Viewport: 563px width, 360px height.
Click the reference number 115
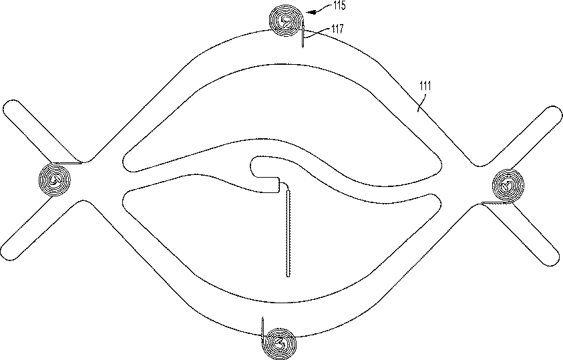pyautogui.click(x=339, y=6)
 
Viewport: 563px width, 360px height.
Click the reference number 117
pyautogui.click(x=337, y=28)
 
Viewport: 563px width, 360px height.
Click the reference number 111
pyautogui.click(x=425, y=85)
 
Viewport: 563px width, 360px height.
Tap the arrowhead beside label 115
pyautogui.click(x=311, y=12)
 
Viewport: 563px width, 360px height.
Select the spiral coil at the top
pyautogui.click(x=285, y=20)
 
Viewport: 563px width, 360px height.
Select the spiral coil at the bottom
pyautogui.click(x=280, y=343)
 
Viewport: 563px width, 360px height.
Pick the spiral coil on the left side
pyautogui.click(x=55, y=179)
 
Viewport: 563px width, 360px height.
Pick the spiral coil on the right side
pyautogui.click(x=508, y=186)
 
